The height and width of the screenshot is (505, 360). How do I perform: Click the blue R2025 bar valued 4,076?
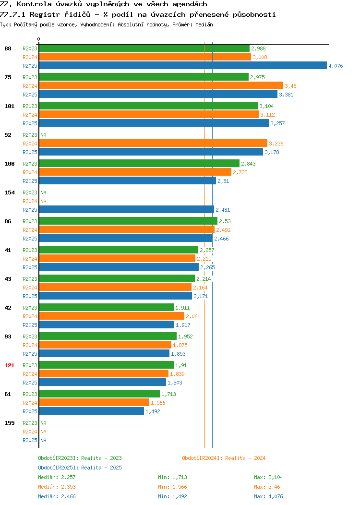(183, 66)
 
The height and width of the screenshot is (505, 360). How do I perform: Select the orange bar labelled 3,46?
(161, 85)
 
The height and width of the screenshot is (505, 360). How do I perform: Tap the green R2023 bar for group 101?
(148, 106)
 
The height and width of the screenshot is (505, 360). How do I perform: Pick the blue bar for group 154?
(127, 210)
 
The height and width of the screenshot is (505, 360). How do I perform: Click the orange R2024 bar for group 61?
(95, 403)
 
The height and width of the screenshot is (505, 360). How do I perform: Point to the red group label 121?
(9, 365)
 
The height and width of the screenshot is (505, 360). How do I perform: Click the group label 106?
(9, 164)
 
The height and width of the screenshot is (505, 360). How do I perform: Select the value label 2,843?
(248, 164)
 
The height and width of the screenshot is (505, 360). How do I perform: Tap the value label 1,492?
(153, 411)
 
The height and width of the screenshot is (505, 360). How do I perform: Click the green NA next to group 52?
(44, 135)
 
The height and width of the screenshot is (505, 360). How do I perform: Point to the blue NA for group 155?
(44, 440)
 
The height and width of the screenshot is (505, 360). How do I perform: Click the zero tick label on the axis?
(39, 39)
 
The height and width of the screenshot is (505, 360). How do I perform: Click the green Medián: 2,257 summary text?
(57, 477)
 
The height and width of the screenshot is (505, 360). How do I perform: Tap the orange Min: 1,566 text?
(172, 487)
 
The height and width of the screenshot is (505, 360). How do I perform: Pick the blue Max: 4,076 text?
(268, 497)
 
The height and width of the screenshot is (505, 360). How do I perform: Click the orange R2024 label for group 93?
(30, 345)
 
